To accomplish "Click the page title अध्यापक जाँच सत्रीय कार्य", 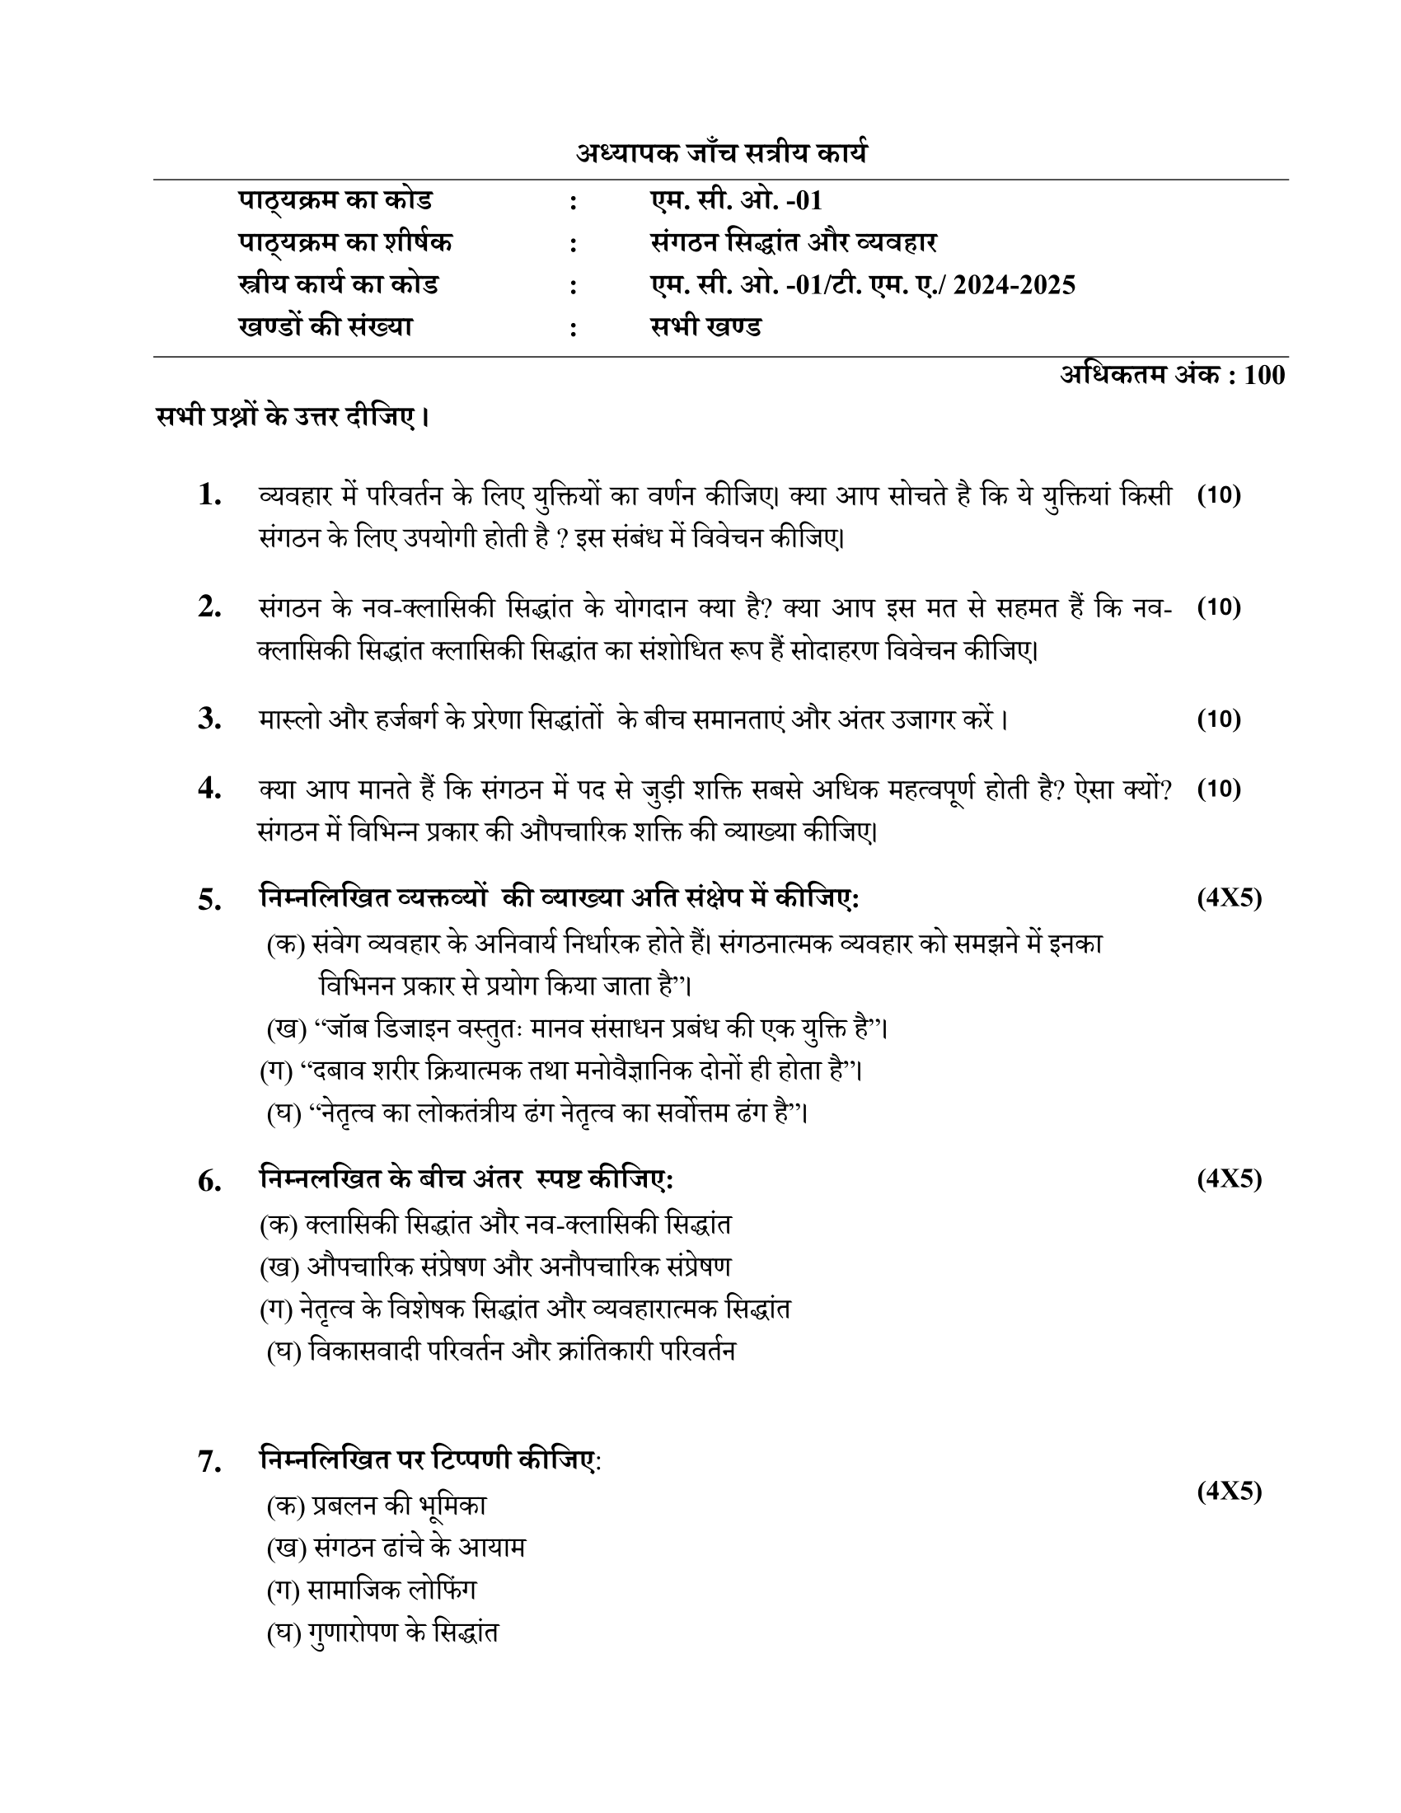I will pos(722,154).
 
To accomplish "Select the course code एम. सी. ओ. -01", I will pos(735,201).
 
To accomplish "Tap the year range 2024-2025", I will pos(1014,286).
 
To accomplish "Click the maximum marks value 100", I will pos(1265,375).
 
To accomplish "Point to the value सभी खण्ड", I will pos(705,327).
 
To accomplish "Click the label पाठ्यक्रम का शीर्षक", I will pos(345,243).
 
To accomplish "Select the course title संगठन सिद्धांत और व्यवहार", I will pos(794,243).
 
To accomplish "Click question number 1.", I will pos(210,496).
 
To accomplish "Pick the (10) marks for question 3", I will pos(1218,719).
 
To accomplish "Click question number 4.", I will pos(210,789).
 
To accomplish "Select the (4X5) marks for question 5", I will pos(1229,897).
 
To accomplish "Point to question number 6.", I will pos(210,1181).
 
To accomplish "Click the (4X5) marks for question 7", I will pos(1229,1491).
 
